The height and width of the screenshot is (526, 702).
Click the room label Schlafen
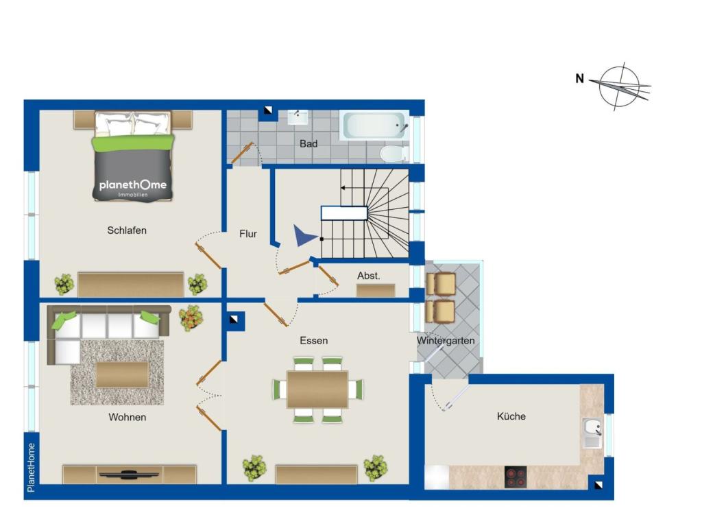coord(127,230)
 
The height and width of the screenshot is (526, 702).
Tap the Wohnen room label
coord(127,417)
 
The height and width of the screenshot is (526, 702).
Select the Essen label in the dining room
coord(313,340)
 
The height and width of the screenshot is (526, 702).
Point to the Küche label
coord(511,416)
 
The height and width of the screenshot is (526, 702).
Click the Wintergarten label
coord(446,340)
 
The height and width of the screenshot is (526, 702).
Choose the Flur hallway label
coord(248,234)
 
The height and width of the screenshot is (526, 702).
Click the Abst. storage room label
coord(368,276)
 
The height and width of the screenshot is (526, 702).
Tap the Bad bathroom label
coord(308,144)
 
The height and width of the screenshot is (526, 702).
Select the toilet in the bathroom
coord(393,152)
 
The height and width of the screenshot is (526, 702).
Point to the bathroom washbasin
coord(298,117)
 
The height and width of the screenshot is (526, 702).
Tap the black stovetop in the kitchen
coord(516,476)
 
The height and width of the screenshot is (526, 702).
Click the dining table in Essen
coord(317,389)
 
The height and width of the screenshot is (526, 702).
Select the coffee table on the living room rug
coord(122,374)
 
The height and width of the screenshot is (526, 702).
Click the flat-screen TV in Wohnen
coord(129,473)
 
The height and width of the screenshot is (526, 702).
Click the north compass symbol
coord(619,86)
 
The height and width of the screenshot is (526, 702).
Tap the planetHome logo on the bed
coord(132,186)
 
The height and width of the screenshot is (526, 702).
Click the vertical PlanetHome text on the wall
coord(32,466)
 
